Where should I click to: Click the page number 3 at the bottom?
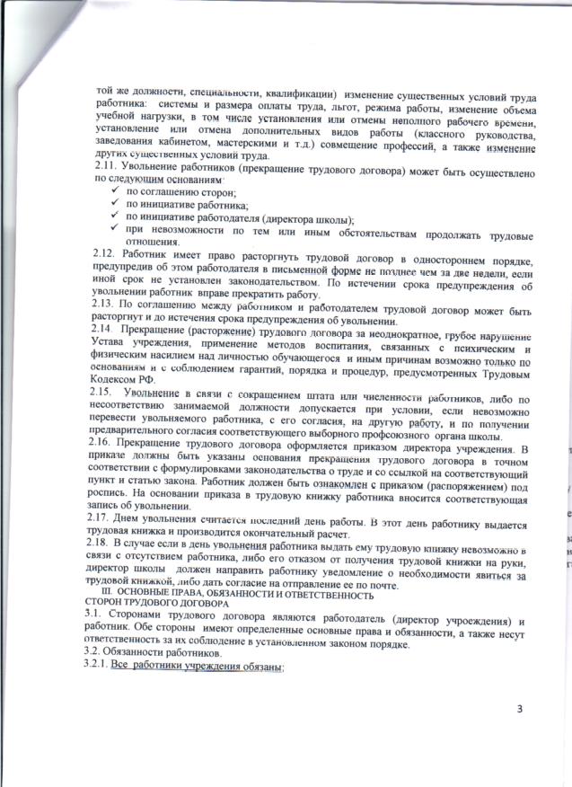(x=519, y=711)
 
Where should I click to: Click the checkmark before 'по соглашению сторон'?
(x=112, y=191)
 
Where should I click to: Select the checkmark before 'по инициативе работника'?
(x=112, y=205)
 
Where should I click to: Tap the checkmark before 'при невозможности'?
(x=112, y=231)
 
